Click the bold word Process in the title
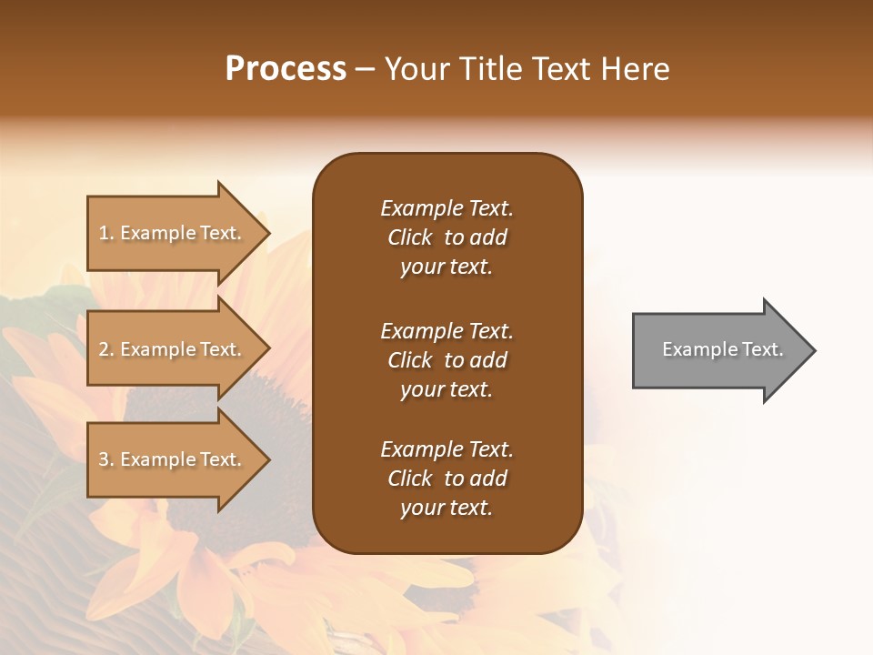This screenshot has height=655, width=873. [x=285, y=69]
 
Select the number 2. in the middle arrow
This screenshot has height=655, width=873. [x=106, y=349]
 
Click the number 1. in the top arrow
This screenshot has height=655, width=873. [x=106, y=233]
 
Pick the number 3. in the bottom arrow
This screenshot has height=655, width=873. [x=106, y=459]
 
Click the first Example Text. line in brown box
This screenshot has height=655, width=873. [x=447, y=208]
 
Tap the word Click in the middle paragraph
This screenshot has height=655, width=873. [x=409, y=360]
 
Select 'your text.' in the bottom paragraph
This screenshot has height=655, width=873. [x=447, y=508]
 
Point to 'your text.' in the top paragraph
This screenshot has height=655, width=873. [x=447, y=267]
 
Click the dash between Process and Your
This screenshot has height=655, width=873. [x=366, y=70]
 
